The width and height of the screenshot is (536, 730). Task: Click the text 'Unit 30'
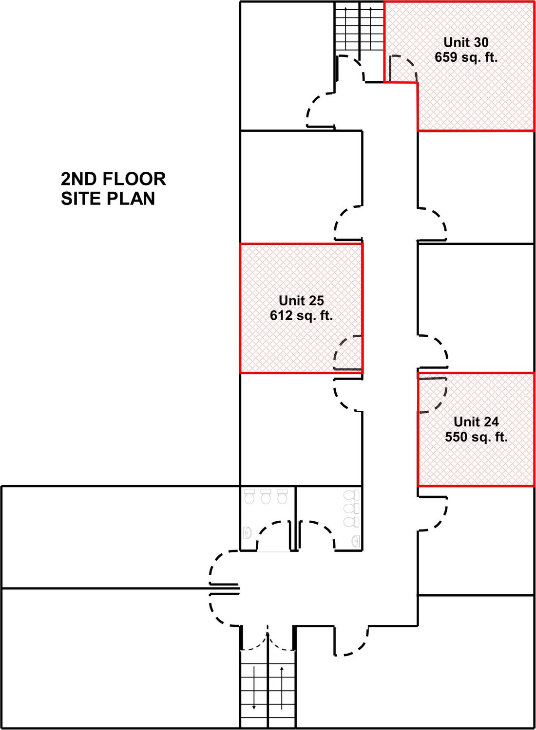point(466,42)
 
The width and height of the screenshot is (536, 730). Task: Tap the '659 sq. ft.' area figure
point(466,58)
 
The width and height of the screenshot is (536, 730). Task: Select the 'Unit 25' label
point(301,300)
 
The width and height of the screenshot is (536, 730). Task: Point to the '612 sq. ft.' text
point(301,315)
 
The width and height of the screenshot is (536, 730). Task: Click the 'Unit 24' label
point(476,422)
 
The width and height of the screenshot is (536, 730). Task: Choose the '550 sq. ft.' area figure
point(476,437)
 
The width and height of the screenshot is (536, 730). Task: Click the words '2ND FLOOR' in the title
point(113,179)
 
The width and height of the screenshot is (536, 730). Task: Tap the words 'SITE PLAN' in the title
point(108,198)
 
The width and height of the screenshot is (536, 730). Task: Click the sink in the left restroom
point(248,532)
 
